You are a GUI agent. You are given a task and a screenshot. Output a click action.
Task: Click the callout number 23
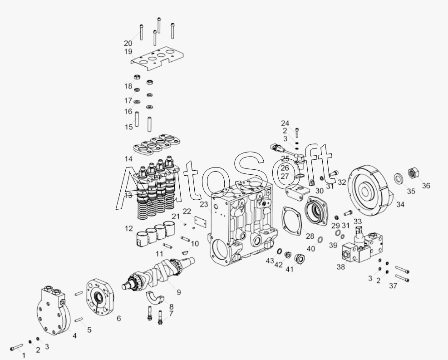click(x=204, y=205)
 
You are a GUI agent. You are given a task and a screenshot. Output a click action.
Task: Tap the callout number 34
click(x=400, y=204)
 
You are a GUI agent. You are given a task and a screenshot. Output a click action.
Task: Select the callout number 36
click(x=426, y=186)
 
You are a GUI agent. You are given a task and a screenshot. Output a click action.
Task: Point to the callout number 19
click(x=128, y=52)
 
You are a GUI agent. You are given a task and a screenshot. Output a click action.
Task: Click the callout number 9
click(x=179, y=292)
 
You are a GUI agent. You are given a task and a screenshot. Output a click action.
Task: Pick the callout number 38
click(x=341, y=267)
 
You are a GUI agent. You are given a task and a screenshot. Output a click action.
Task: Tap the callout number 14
click(x=128, y=159)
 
